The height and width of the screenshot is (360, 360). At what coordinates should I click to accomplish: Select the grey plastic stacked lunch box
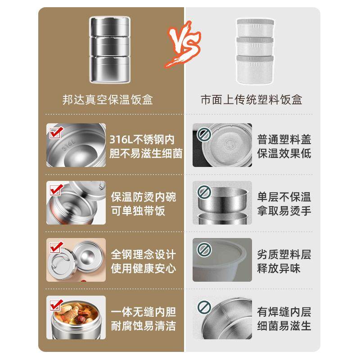click(x=255, y=50)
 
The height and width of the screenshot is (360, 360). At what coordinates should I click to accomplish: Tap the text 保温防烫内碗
click(x=144, y=197)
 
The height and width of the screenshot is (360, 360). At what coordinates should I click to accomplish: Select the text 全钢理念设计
click(x=144, y=255)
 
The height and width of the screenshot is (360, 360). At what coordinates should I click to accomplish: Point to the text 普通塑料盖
click(x=284, y=139)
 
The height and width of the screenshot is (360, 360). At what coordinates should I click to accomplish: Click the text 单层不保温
click(x=284, y=197)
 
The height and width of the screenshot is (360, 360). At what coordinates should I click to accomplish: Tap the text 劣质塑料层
click(x=284, y=255)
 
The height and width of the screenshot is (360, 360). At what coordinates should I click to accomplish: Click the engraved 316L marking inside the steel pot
click(x=68, y=145)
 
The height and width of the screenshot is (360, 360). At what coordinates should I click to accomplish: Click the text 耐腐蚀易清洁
click(x=144, y=326)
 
